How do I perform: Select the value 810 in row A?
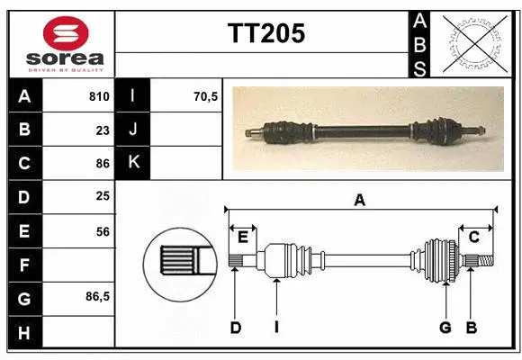(99, 96)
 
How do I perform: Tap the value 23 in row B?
(103, 129)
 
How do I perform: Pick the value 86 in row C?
(103, 163)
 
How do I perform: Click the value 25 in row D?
(103, 196)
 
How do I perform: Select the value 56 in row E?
(103, 231)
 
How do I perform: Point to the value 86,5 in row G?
(98, 295)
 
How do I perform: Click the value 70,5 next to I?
(205, 96)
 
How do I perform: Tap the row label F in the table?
(23, 265)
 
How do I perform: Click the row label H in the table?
(23, 332)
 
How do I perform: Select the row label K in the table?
(134, 163)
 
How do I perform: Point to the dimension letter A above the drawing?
(359, 201)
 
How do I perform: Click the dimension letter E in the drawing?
(242, 236)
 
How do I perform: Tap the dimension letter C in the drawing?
(473, 236)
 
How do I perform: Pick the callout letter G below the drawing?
(445, 328)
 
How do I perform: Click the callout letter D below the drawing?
(235, 328)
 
